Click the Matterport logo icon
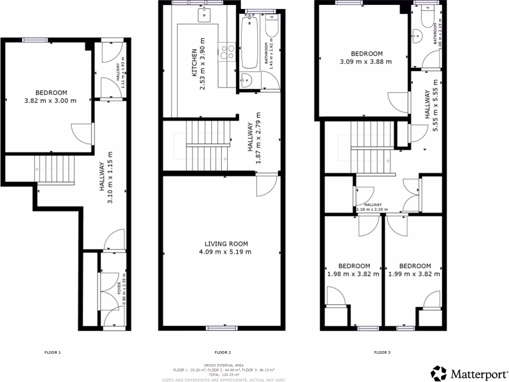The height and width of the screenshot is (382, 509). pos(439,373)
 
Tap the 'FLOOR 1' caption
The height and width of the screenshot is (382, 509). pos(52,353)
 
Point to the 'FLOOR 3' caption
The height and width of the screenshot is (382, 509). pos(382,353)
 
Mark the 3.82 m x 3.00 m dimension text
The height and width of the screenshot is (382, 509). pos(50,101)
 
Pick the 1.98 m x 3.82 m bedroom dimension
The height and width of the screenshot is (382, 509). pos(353,274)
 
